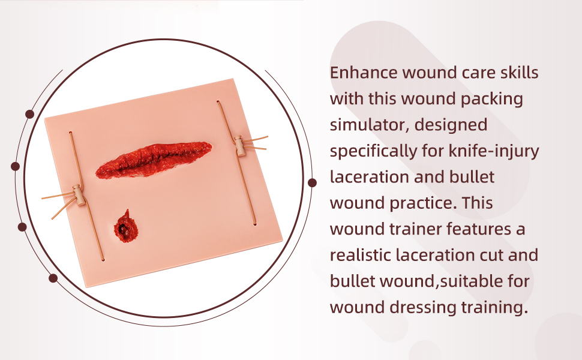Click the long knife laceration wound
(154, 160)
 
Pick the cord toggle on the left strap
(79, 195)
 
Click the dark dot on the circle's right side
(312, 182)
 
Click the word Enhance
(364, 73)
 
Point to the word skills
(519, 73)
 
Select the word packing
(492, 100)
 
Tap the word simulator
(370, 125)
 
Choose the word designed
(451, 125)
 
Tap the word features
(479, 229)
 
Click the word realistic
(360, 256)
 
